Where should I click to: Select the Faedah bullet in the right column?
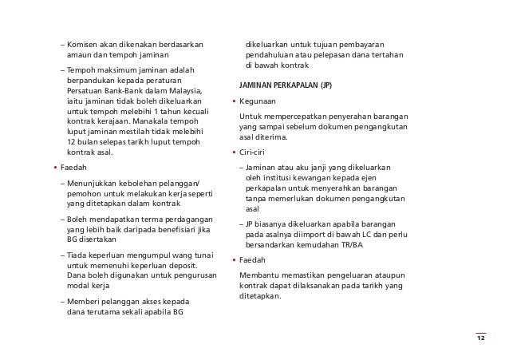(x=257, y=260)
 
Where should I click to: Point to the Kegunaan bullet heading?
(x=260, y=102)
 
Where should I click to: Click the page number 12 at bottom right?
(x=480, y=338)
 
